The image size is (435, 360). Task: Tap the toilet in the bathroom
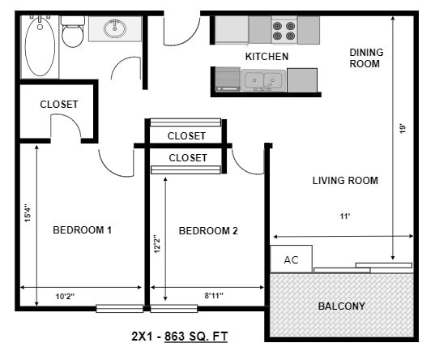tap(74, 35)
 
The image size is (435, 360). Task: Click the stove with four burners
tap(284, 31)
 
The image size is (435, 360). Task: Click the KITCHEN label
tap(267, 57)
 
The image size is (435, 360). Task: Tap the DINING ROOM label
tap(366, 58)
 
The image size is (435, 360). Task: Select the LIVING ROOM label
tap(345, 181)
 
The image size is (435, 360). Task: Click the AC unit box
tap(291, 260)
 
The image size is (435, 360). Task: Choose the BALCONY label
tap(341, 306)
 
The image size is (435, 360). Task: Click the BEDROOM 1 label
tap(82, 230)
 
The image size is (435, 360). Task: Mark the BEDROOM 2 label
tap(208, 231)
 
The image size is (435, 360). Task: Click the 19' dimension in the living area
tap(401, 127)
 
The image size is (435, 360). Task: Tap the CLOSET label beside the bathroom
tap(59, 105)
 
